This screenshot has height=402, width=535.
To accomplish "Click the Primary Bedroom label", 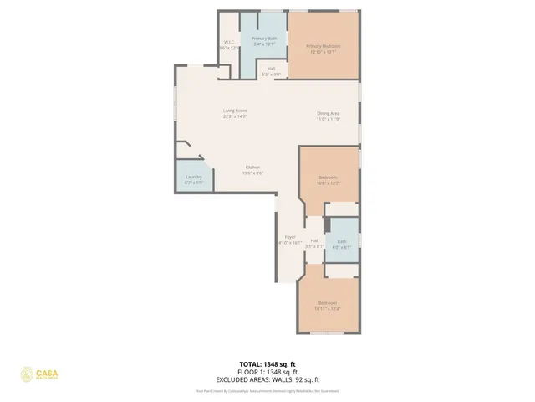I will click(x=323, y=46).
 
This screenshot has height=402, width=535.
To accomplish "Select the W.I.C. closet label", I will click(x=229, y=43).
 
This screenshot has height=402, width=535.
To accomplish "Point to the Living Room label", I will click(x=234, y=111).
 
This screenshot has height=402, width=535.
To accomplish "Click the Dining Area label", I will click(x=328, y=113).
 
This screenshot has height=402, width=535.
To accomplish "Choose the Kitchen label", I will click(x=252, y=167).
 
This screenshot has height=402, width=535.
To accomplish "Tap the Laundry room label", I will click(x=193, y=178).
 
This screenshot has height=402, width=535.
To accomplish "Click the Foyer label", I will click(x=290, y=237).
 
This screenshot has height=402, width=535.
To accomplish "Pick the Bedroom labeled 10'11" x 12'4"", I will click(x=327, y=302).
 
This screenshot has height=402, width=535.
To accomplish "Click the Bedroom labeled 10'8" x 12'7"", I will click(x=329, y=178).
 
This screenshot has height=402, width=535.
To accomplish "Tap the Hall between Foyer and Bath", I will click(x=314, y=241).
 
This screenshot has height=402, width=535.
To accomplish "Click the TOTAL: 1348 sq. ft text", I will click(x=268, y=363).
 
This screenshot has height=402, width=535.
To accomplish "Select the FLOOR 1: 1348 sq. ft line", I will click(x=268, y=371).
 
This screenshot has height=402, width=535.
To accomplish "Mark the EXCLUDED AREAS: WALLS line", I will click(x=268, y=379).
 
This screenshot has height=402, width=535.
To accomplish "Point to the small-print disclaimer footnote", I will click(x=267, y=390).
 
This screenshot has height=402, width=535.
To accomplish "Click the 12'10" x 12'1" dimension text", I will click(x=323, y=52).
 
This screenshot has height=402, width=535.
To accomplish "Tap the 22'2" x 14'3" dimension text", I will click(x=234, y=116).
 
